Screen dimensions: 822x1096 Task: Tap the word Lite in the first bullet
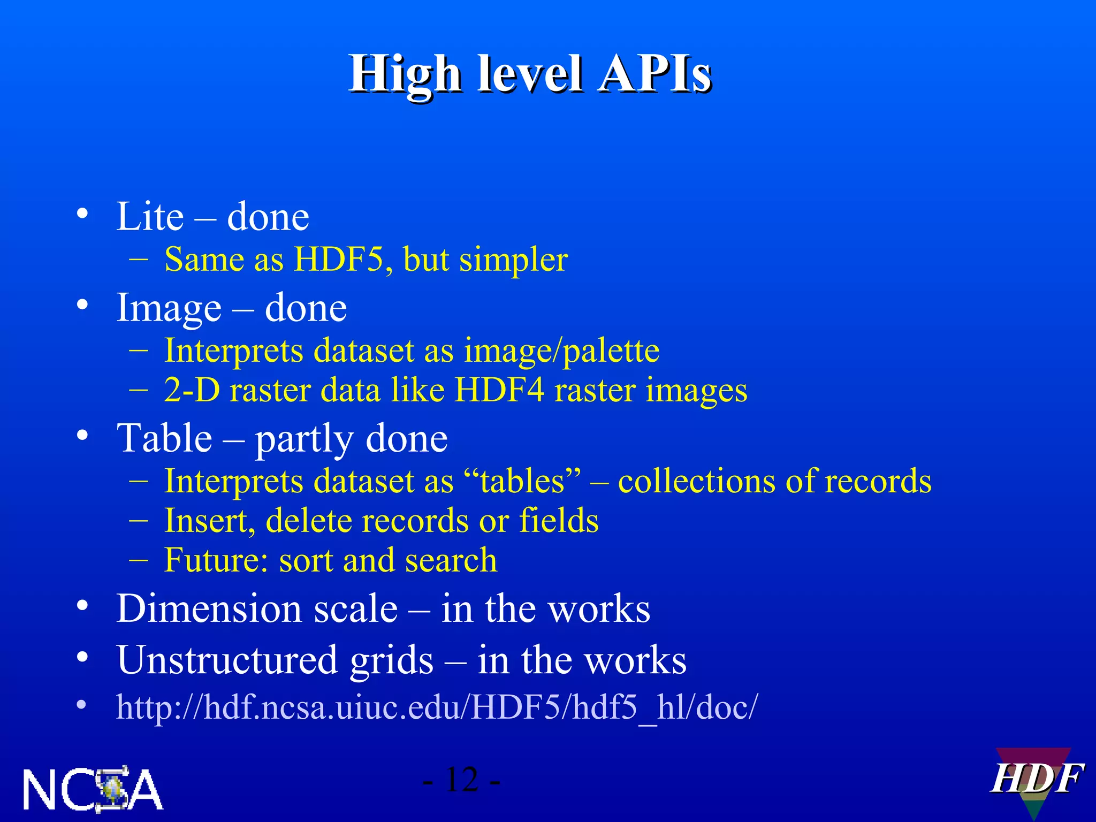[x=150, y=217]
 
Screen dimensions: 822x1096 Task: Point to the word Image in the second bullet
[x=169, y=309]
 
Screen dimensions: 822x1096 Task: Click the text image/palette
[x=561, y=351]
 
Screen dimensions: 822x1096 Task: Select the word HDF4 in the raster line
[x=500, y=390]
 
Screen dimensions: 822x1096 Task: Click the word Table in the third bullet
[x=165, y=438]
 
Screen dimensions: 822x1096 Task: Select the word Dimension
[x=257, y=609]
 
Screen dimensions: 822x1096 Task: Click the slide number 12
[x=461, y=780]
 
